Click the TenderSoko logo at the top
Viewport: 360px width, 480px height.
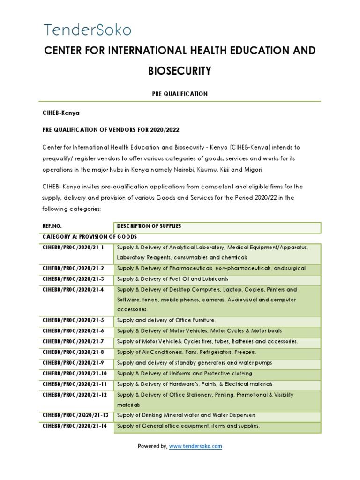pos(88,30)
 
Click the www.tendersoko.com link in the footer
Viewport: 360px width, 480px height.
pos(195,446)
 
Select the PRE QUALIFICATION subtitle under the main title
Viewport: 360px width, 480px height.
pos(180,94)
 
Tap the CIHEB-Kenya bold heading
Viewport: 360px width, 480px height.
pos(61,113)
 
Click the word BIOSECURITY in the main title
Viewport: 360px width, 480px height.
pos(180,71)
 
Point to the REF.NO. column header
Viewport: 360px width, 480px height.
pos(52,226)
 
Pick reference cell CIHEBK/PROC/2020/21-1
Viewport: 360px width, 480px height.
pos(73,247)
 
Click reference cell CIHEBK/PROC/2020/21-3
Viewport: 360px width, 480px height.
pos(73,279)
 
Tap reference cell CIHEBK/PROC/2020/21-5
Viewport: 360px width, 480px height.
pos(73,320)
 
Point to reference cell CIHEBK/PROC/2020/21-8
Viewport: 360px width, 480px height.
pos(73,352)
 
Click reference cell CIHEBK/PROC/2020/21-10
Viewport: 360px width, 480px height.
pos(75,374)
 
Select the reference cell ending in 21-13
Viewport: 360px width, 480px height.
pos(75,415)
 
